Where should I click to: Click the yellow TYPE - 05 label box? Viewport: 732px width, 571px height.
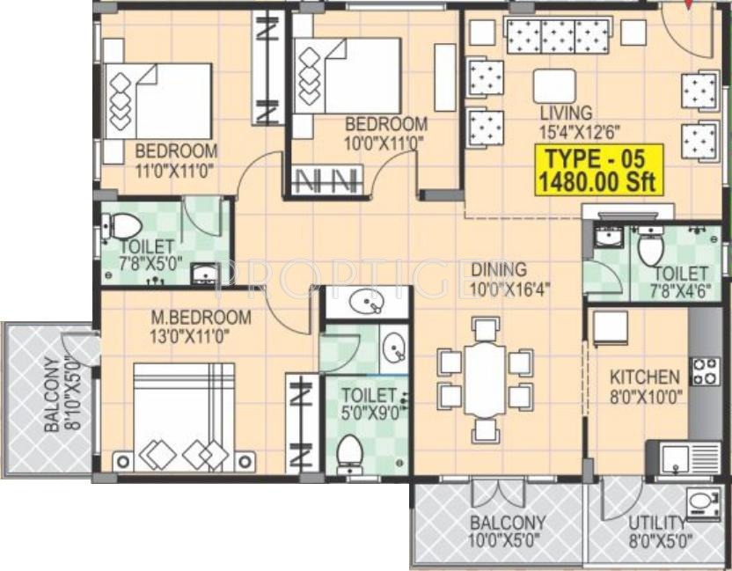click(598, 171)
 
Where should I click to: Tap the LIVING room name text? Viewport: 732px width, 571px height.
click(567, 113)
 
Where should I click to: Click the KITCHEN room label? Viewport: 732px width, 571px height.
click(644, 377)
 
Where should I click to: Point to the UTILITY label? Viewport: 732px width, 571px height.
click(656, 522)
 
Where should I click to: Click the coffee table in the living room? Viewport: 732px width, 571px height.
click(554, 86)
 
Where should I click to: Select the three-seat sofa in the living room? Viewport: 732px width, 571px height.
click(556, 36)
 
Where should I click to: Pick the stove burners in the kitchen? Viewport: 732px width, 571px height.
click(705, 371)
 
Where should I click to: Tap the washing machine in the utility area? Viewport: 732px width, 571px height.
click(702, 503)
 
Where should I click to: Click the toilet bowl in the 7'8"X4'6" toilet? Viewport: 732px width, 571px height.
click(650, 249)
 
